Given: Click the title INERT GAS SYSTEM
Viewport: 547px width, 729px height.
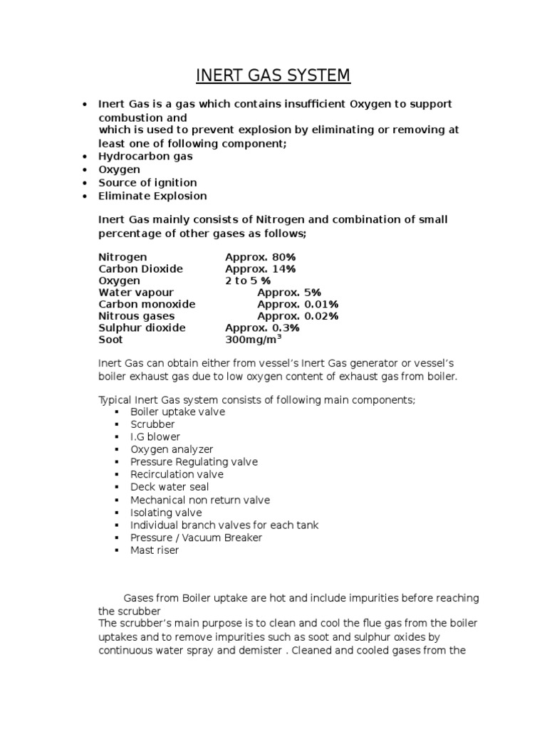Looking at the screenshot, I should pos(273,75).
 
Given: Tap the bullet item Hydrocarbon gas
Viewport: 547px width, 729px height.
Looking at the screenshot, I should pos(145,156).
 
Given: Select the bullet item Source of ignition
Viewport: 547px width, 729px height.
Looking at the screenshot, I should pos(147,183).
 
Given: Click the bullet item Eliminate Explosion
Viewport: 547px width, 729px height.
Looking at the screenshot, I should pos(152,196).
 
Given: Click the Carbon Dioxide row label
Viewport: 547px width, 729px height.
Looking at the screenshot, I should pos(140,269).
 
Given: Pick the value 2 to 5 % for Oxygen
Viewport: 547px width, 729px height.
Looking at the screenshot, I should pos(248,280).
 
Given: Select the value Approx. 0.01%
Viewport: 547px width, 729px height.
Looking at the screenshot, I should pos(288,304).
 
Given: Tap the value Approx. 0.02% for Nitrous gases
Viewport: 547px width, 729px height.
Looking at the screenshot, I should pos(288,316).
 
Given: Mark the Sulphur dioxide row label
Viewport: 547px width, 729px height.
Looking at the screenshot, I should pos(142,327).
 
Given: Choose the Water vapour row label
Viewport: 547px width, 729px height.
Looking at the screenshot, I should pos(135,293).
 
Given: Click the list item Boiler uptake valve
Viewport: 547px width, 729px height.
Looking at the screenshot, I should pos(177,412).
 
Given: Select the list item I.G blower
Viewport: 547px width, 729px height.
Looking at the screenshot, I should pos(155,437).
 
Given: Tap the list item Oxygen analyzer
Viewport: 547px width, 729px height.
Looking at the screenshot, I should pos(172,449).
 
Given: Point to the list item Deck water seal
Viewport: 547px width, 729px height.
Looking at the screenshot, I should pos(170,487).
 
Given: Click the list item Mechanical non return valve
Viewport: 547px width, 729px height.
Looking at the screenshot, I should pos(200,500).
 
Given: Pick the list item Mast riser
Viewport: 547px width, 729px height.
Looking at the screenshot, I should pos(155,550).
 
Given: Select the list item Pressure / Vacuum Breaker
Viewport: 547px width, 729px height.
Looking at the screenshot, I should pos(196,537).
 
